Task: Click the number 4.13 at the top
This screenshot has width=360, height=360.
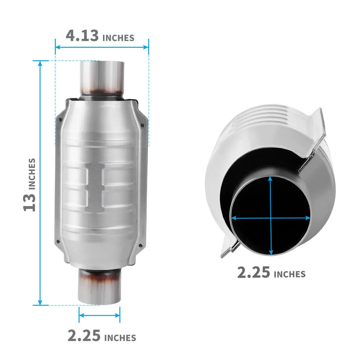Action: click(82, 35)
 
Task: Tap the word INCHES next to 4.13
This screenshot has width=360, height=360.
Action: click(118, 38)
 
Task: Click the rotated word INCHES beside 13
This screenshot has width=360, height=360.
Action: click(32, 174)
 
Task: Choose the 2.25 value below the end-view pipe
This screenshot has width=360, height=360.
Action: click(253, 272)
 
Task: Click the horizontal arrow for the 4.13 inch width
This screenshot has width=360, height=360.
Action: click(102, 47)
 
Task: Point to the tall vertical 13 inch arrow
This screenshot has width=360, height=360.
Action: click(40, 183)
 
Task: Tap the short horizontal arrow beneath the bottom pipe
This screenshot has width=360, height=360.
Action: click(99, 315)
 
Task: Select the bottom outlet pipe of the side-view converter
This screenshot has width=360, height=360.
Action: click(99, 286)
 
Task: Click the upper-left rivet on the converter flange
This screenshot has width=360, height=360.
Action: click(61, 119)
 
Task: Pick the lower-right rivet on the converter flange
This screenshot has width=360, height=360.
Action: click(140, 245)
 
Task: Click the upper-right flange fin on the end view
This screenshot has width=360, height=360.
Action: click(315, 132)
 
